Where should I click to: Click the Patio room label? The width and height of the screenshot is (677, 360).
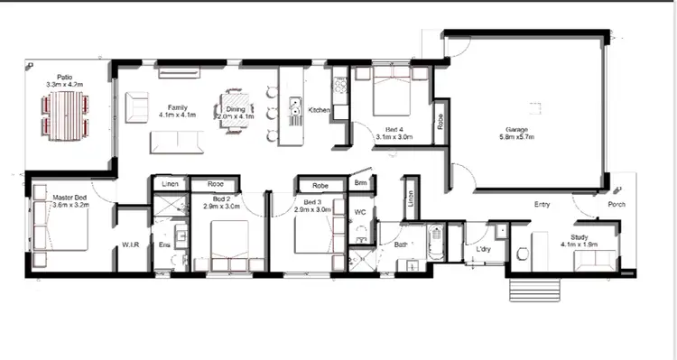(x=64, y=77)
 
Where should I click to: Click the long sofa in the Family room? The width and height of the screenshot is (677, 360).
(x=177, y=142)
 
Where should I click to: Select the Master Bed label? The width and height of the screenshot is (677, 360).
(x=69, y=198)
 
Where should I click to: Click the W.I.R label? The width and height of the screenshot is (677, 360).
(x=130, y=245)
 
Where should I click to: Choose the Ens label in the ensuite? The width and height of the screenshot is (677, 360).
(x=163, y=245)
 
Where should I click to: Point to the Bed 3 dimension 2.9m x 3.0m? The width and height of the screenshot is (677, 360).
(x=311, y=209)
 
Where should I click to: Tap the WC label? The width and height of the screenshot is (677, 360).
(x=359, y=213)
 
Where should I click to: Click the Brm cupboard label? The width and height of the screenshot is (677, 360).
(x=360, y=183)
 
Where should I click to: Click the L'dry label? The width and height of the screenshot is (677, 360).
(x=483, y=247)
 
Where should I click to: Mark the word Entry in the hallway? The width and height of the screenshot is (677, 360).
(x=543, y=204)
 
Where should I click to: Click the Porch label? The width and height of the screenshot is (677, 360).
(x=617, y=204)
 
